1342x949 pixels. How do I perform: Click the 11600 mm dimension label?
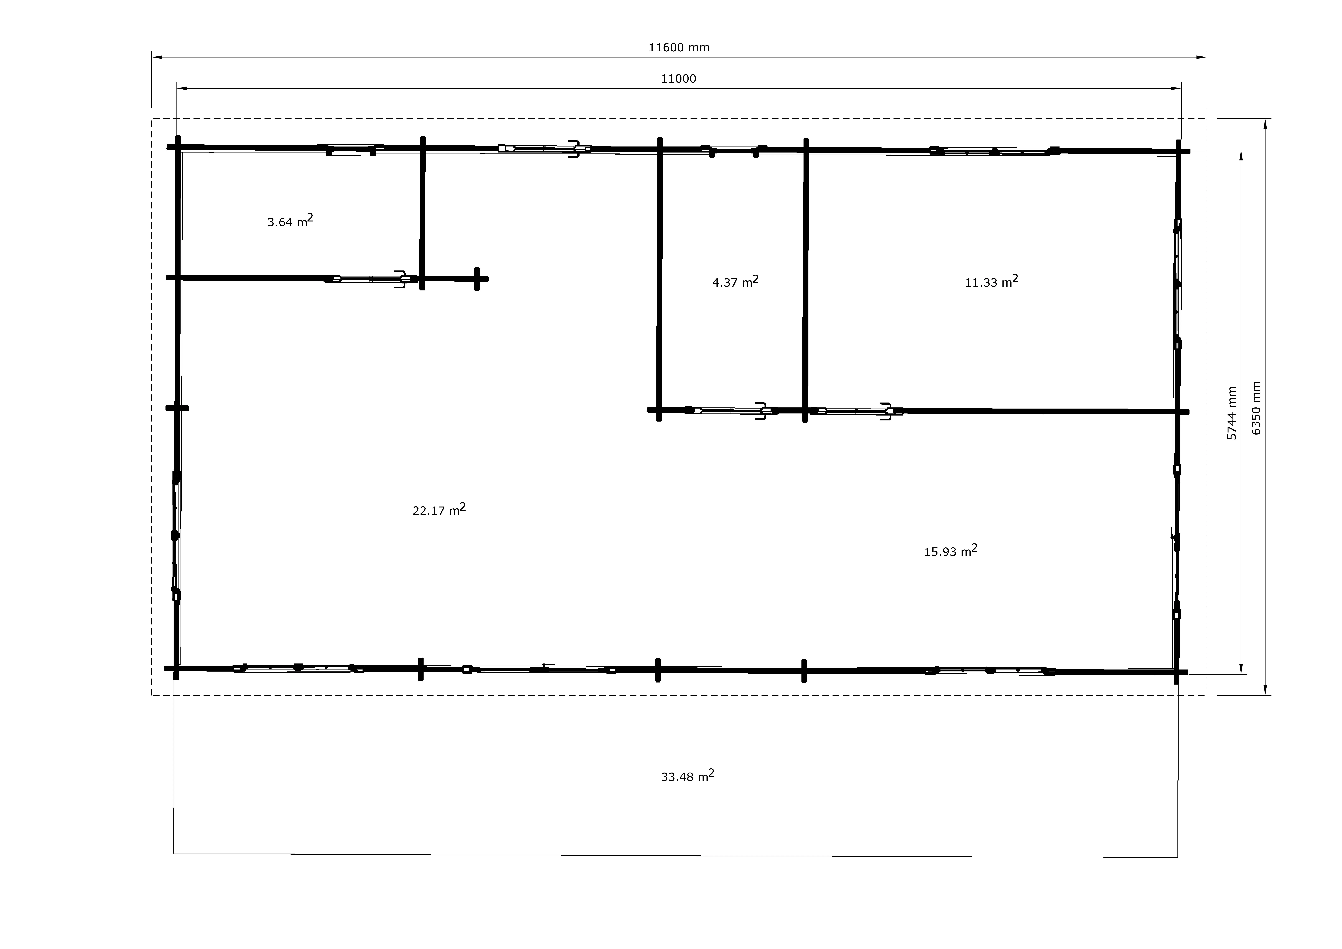click(679, 47)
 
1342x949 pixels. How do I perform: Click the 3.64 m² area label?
click(290, 220)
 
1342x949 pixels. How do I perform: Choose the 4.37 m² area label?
click(735, 281)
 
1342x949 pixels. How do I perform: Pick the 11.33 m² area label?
click(991, 281)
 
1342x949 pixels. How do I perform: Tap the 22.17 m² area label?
click(439, 509)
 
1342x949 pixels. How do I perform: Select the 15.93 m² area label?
click(950, 550)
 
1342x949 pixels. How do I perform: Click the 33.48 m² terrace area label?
click(687, 775)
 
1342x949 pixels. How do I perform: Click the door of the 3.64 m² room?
click(368, 279)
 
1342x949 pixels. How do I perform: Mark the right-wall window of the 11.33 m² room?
click(1177, 284)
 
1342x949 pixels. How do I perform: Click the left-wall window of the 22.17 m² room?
click(175, 535)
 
